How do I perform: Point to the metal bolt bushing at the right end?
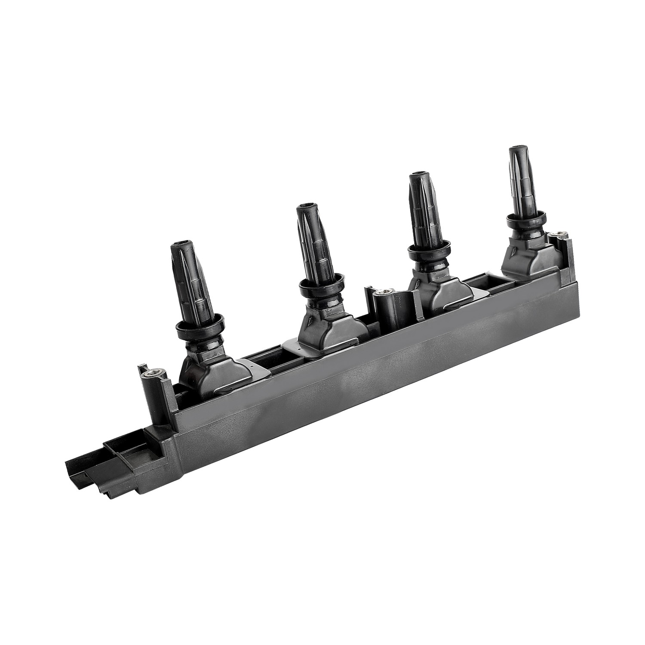point(560,235)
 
